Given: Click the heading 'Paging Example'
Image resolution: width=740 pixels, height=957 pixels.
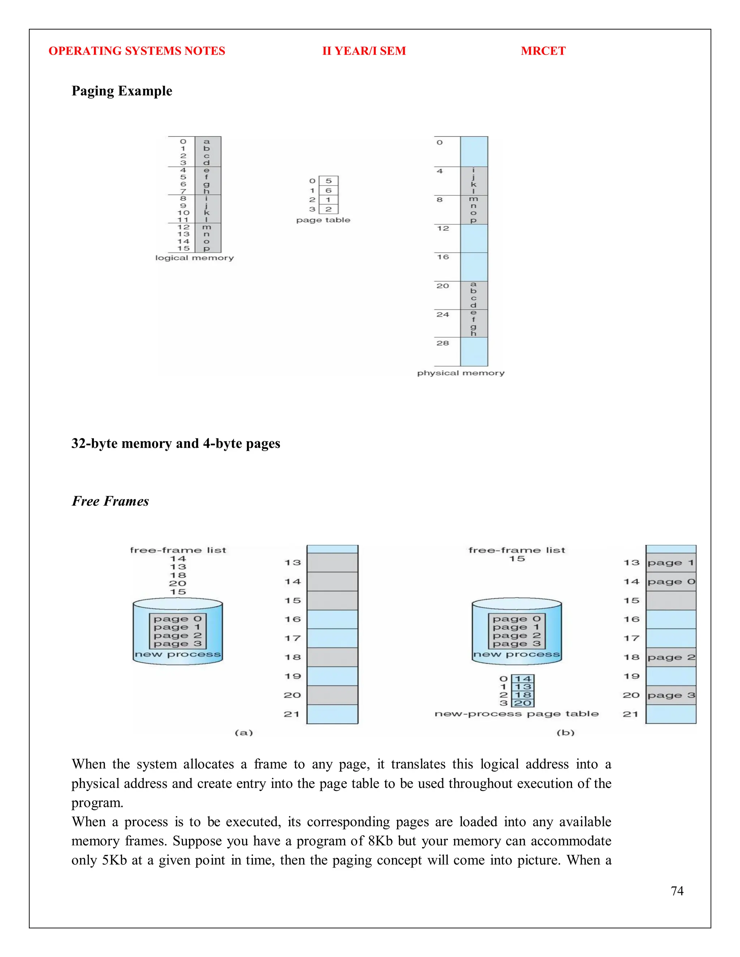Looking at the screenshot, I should [x=122, y=91].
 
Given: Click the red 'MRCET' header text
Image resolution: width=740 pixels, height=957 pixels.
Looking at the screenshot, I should [x=543, y=51].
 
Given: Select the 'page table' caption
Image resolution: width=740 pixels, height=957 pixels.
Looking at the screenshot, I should [x=323, y=220].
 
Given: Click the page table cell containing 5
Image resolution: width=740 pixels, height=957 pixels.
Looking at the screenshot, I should [x=328, y=181].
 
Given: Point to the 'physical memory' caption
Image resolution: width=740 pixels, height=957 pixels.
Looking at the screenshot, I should [x=461, y=373].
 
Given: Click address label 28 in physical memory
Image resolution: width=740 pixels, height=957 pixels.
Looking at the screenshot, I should [x=443, y=343].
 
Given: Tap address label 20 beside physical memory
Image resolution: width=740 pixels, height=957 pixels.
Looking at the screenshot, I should [x=443, y=286].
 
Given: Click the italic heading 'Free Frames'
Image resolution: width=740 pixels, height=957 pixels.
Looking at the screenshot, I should [x=111, y=501].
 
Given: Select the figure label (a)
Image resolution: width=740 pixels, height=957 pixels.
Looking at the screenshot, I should [x=244, y=733].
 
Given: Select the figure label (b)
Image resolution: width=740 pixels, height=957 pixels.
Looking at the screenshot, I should [x=565, y=733].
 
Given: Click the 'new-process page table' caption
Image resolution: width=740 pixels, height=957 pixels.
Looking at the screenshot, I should [x=516, y=714].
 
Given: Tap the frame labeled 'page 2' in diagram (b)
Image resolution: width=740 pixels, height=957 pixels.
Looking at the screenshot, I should [x=671, y=657].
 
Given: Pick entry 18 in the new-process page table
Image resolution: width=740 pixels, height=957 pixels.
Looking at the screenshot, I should [x=523, y=695].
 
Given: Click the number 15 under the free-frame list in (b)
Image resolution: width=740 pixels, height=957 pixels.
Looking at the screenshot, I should [x=517, y=559].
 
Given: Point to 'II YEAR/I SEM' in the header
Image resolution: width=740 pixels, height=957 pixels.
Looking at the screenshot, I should [x=364, y=51].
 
